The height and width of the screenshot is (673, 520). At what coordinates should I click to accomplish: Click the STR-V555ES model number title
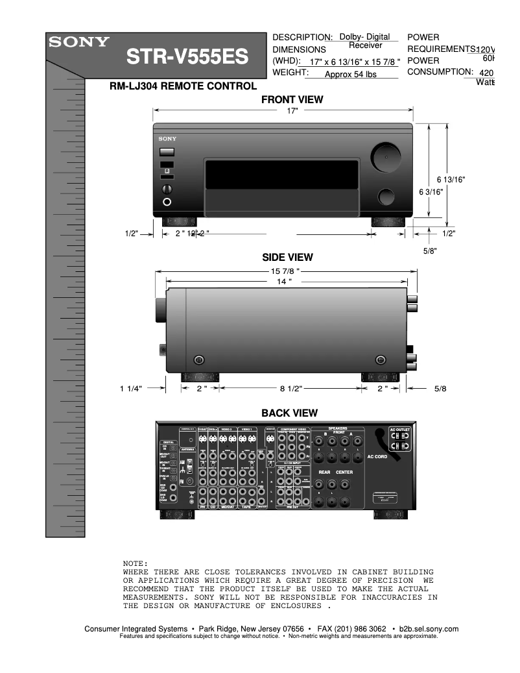[x=187, y=58]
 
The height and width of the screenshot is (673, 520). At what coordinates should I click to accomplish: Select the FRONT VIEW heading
[x=292, y=100]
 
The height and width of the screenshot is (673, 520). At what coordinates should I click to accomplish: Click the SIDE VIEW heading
[x=287, y=258]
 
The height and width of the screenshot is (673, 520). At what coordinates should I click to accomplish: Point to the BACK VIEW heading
[x=289, y=413]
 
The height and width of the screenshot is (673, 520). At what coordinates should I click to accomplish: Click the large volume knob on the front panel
[x=384, y=157]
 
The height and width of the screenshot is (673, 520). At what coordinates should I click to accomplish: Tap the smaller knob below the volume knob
[x=386, y=196]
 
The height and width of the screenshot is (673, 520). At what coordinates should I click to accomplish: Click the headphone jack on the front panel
[x=168, y=202]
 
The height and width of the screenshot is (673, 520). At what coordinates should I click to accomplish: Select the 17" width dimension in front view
[x=292, y=112]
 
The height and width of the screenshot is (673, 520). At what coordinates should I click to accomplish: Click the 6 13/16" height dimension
[x=451, y=179]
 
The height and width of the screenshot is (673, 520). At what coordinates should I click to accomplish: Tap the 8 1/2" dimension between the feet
[x=290, y=388]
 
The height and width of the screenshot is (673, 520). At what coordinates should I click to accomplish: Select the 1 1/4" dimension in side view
[x=130, y=388]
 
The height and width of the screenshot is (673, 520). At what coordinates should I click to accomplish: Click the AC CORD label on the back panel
[x=377, y=456]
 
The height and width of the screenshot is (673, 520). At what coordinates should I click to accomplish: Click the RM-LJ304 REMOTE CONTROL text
[x=183, y=86]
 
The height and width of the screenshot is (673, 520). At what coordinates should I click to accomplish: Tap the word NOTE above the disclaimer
[x=136, y=563]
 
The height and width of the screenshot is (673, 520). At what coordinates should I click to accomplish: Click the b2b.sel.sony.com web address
[x=429, y=629]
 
